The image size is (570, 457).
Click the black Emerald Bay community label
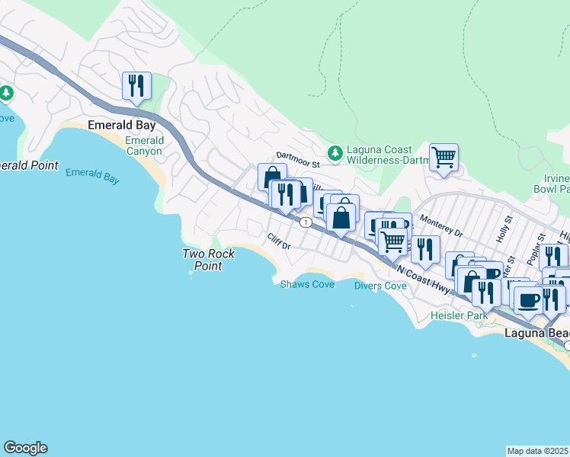tap(122, 125)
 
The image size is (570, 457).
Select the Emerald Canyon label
tap(144, 145)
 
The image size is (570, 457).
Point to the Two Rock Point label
tap(202, 260)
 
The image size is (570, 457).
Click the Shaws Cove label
tap(307, 284)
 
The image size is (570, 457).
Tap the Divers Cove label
tap(380, 286)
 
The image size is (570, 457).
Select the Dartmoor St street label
tap(295, 155)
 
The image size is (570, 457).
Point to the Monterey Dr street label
tap(442, 229)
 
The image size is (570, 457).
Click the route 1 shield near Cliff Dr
tap(305, 222)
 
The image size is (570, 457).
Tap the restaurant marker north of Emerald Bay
tap(137, 85)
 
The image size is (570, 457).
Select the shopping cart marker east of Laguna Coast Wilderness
tap(444, 157)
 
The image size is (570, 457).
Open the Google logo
tap(25, 448)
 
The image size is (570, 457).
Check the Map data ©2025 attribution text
tap(538, 451)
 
